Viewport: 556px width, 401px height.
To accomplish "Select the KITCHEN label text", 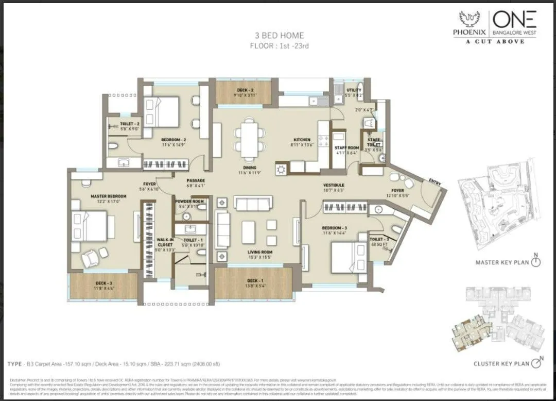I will click(x=302, y=140).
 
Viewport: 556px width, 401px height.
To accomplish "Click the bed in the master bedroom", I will click(x=92, y=227).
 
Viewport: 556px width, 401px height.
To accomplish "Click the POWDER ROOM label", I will click(x=189, y=201).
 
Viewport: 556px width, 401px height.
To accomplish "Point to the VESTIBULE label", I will click(x=334, y=185).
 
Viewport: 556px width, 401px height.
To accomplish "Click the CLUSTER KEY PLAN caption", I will click(x=501, y=363).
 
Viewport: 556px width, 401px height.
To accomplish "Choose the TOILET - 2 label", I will click(x=130, y=124).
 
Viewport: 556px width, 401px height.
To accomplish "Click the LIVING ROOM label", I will click(x=259, y=252).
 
